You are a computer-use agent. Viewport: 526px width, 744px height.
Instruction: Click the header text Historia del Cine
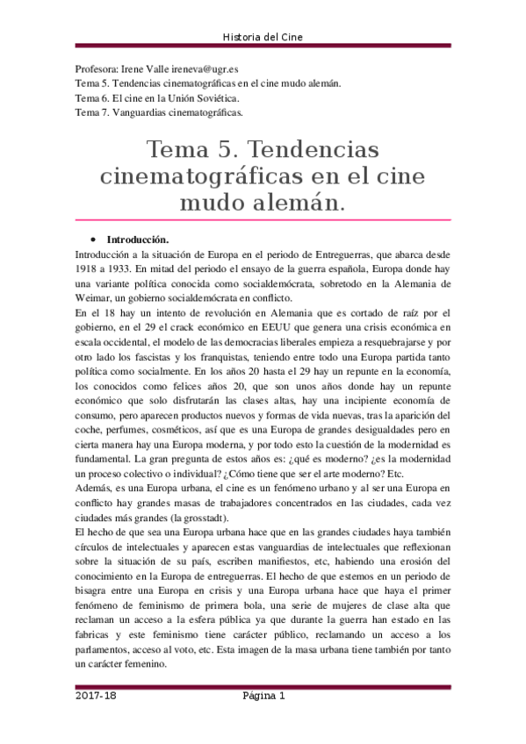[x=263, y=36]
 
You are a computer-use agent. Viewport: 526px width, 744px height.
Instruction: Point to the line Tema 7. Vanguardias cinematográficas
[x=159, y=112]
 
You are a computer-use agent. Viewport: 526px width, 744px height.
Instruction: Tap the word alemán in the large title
[x=299, y=204]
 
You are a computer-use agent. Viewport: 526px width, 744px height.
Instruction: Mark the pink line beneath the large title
[x=263, y=220]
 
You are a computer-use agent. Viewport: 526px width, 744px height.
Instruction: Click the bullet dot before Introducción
[x=92, y=240]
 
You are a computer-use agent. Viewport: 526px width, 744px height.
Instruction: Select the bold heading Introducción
[x=138, y=240]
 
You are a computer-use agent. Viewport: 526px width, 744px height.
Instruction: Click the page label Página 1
[x=264, y=696]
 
